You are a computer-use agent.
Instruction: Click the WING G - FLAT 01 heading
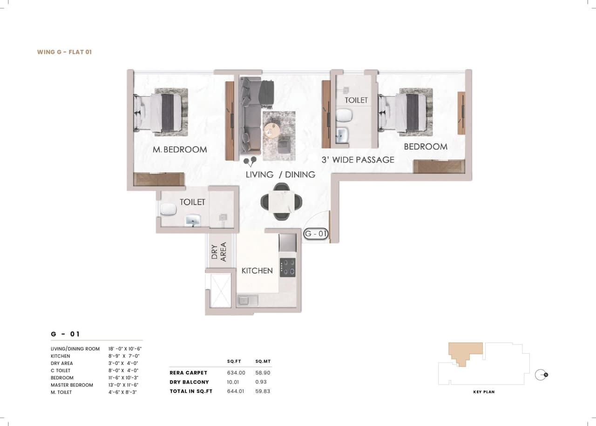click(64, 52)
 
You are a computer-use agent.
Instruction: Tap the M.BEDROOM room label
click(180, 149)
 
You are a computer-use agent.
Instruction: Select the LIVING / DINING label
click(280, 175)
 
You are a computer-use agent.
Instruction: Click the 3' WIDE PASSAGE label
click(358, 160)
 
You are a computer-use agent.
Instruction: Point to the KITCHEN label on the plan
click(257, 270)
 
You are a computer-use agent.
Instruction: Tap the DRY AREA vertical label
click(219, 251)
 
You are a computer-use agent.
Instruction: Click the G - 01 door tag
click(316, 234)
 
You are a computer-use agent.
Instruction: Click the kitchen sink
click(248, 300)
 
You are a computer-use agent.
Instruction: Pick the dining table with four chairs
click(281, 201)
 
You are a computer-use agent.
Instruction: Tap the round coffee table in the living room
click(271, 130)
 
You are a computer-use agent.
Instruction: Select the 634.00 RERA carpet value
click(236, 373)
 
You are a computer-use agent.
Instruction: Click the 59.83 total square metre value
click(263, 392)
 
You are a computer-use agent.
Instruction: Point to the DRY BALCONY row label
click(189, 382)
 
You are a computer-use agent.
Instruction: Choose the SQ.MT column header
click(263, 361)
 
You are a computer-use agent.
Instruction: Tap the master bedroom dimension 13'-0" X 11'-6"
click(123, 385)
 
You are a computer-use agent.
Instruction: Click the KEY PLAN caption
click(484, 392)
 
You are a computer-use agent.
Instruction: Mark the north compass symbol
click(541, 374)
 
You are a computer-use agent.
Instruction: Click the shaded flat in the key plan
click(463, 352)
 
